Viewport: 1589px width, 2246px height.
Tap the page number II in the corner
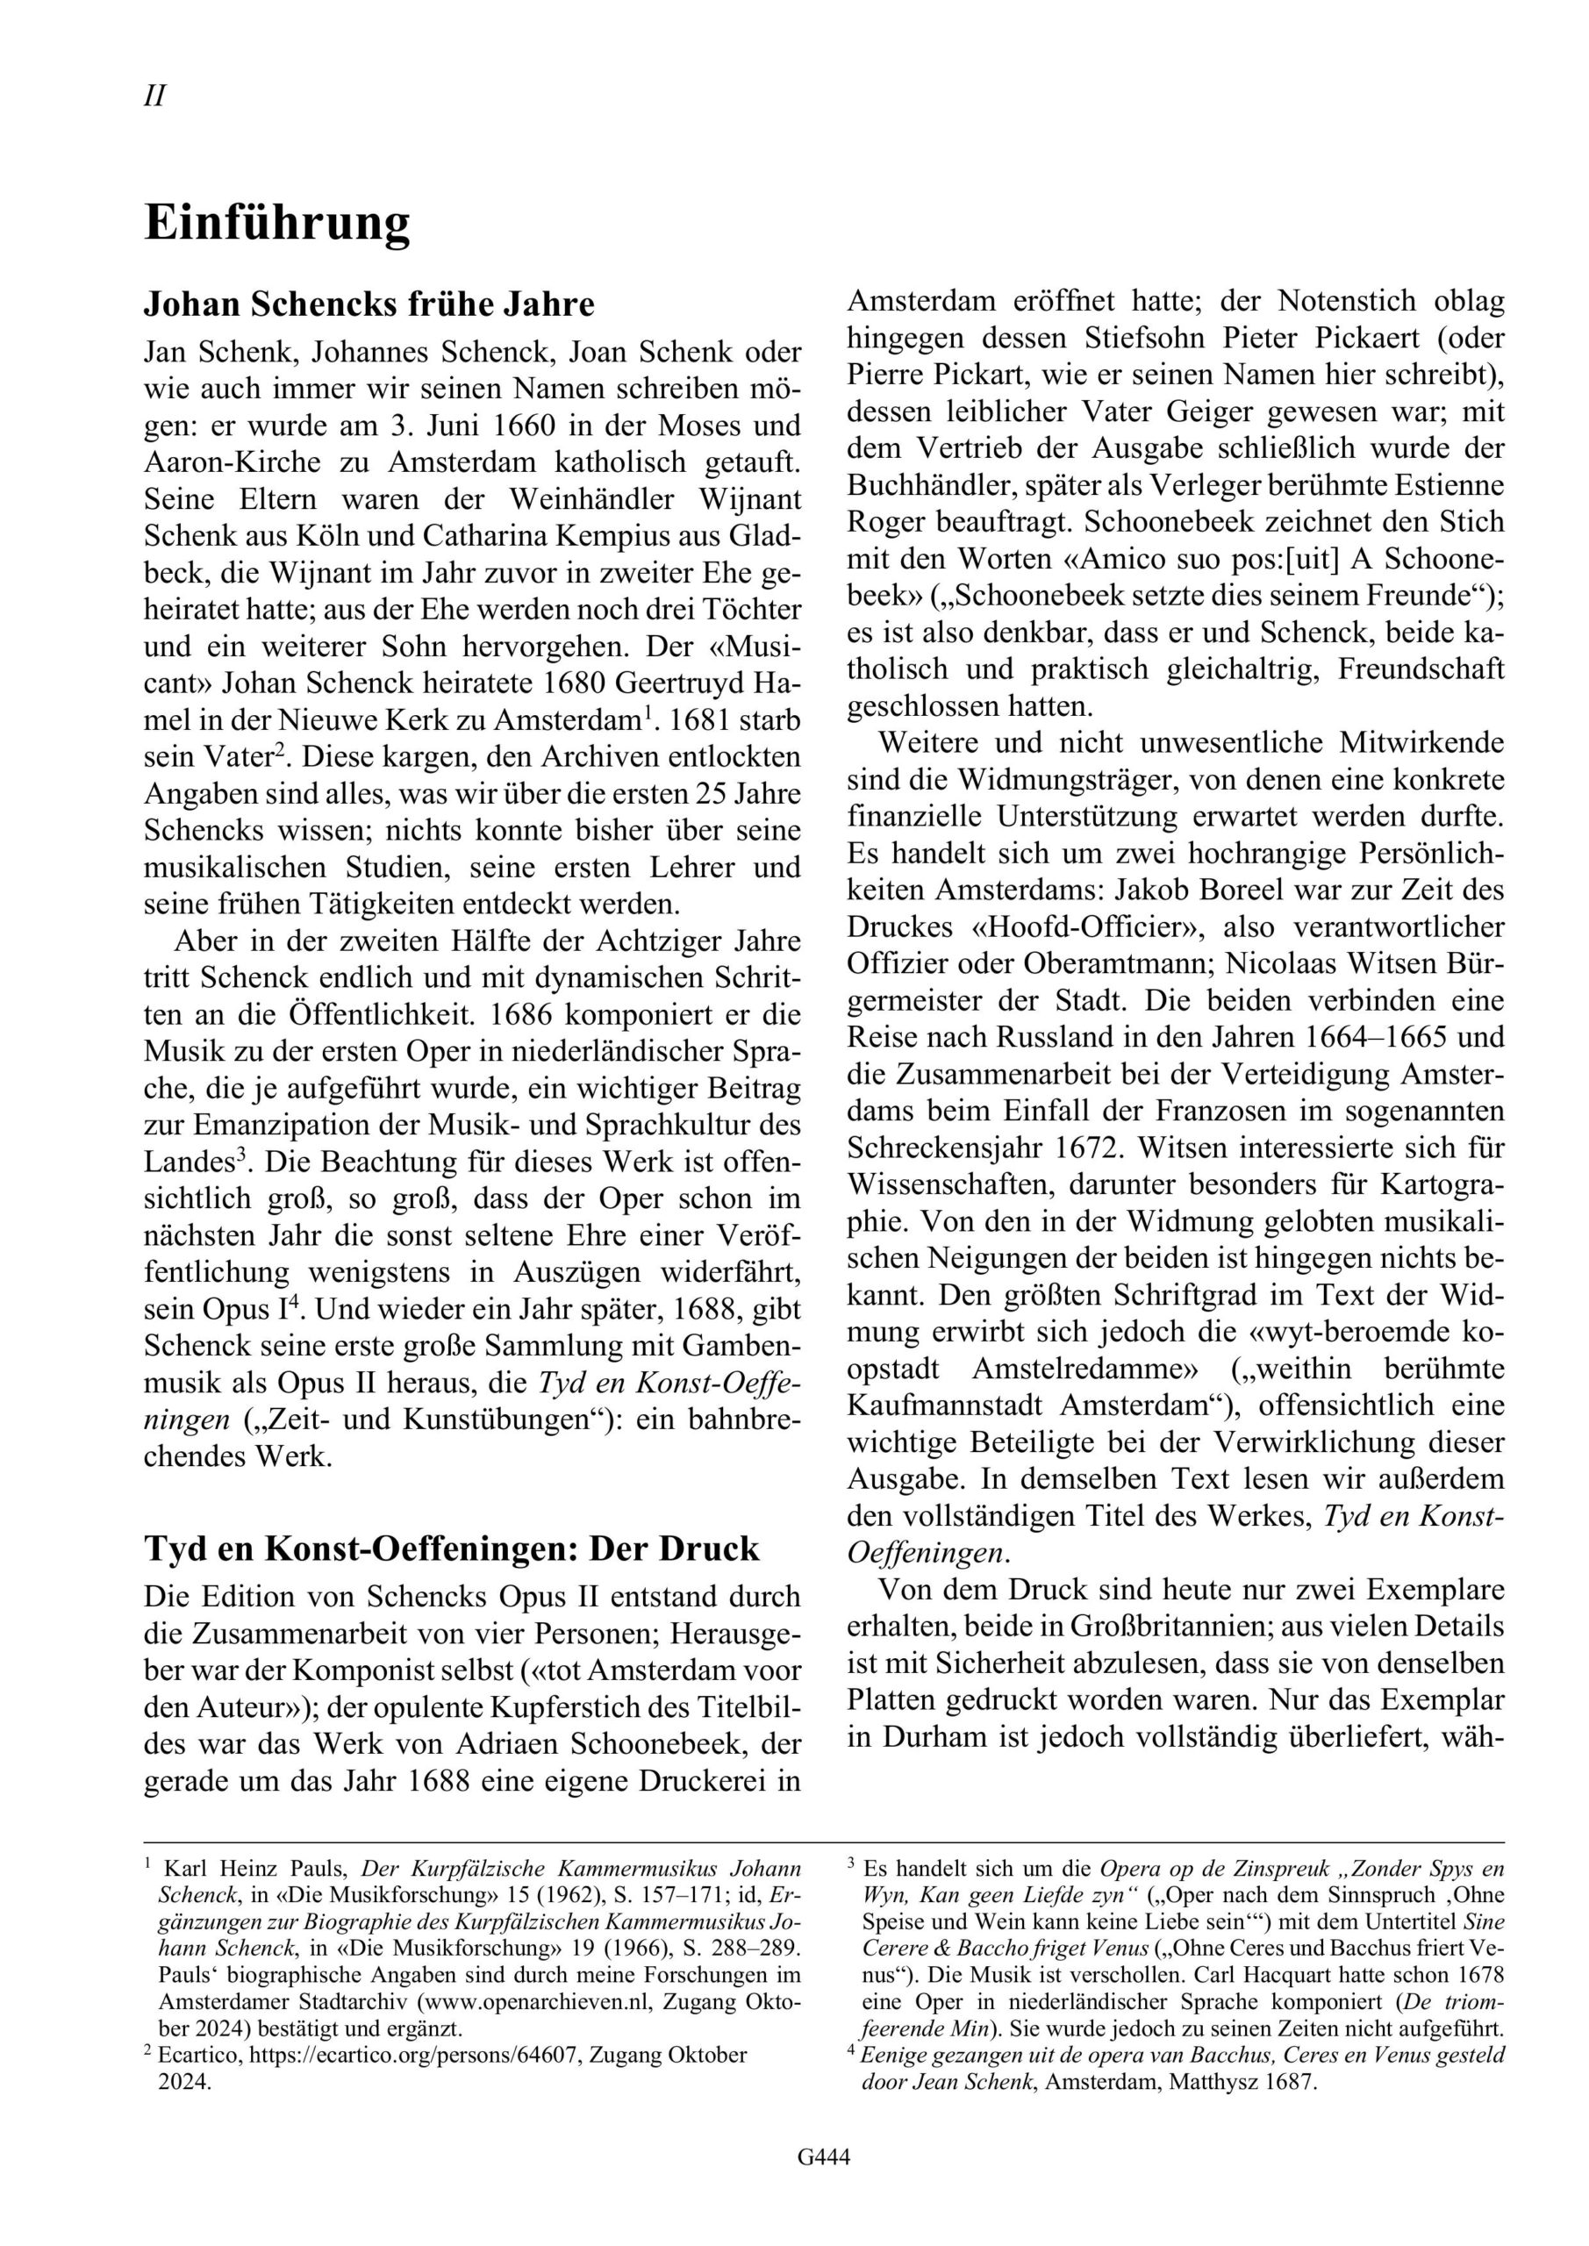(x=154, y=97)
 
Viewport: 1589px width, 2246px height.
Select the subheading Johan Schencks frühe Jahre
(x=369, y=305)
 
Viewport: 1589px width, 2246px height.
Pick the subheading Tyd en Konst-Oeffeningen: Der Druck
(x=451, y=1549)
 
